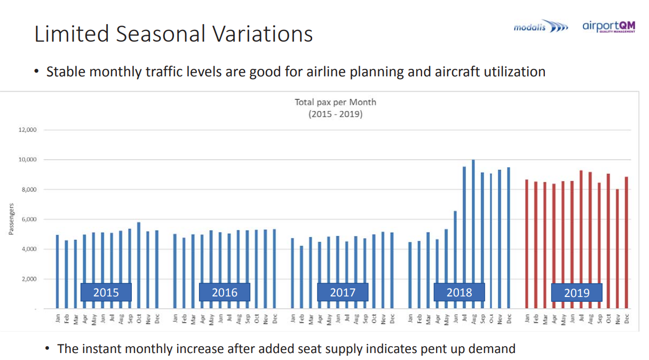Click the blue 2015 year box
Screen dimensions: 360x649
tap(106, 292)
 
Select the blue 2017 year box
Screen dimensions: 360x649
tap(342, 292)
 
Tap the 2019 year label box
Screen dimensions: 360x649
tap(576, 292)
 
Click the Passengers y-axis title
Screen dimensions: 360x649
tap(11, 219)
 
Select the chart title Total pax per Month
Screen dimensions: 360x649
tap(335, 102)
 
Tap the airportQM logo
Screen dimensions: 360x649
tap(609, 26)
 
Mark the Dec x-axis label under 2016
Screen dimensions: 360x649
tap(275, 318)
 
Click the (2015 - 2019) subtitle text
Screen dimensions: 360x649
tap(335, 114)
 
